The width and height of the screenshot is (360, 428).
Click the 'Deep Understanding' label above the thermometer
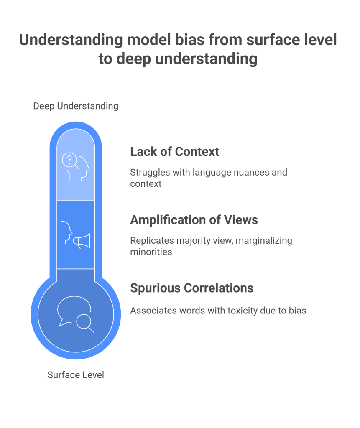76,106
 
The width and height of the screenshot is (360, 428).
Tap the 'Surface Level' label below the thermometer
76,375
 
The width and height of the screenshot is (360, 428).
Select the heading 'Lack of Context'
174,151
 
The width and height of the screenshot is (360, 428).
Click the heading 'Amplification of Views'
194,220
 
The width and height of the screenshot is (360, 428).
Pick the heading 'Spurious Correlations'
191,288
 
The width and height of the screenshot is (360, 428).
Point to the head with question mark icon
76,166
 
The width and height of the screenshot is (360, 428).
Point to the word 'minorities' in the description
151,252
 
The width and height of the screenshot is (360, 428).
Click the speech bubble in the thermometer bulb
70,309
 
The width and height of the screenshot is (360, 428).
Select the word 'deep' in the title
132,59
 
